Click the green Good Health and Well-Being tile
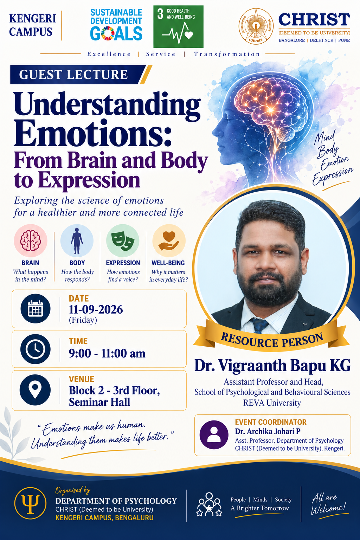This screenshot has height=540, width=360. point(179,26)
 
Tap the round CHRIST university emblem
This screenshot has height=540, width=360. point(256,26)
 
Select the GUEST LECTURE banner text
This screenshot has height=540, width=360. point(73,75)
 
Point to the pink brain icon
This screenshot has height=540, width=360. point(30,240)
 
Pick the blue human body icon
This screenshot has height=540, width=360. point(77,240)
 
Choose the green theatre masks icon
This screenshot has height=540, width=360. point(123,240)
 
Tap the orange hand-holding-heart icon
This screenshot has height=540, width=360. point(169,240)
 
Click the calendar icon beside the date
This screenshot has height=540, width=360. point(36,309)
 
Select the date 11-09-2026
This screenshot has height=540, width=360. point(96,309)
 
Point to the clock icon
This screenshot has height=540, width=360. point(36,349)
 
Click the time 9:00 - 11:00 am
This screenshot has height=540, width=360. point(107,353)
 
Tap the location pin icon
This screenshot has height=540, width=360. point(35,390)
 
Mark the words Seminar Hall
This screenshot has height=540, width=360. point(99,402)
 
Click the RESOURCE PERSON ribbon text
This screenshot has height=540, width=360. point(272,340)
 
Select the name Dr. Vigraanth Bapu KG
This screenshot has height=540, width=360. point(272,366)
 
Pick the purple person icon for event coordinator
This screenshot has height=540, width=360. point(214,435)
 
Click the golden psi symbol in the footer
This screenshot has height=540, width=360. point(30,503)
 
